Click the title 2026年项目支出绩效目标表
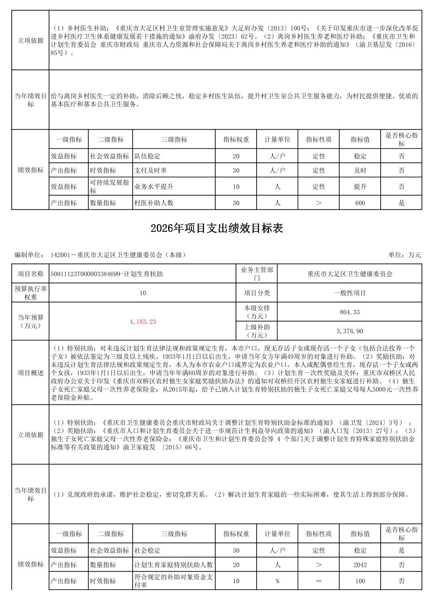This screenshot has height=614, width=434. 217,229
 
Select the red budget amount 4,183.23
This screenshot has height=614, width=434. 143,322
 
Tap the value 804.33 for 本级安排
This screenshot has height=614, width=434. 350,312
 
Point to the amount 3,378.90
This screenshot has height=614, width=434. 350,331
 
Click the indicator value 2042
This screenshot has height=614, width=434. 360,565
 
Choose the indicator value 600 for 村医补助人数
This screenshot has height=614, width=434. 360,203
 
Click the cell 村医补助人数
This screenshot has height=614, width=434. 154,203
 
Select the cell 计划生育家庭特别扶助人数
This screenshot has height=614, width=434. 174,565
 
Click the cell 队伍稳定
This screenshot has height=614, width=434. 147,156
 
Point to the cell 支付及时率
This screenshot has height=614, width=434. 151,170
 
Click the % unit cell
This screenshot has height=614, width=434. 277,581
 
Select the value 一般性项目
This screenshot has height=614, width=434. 350,293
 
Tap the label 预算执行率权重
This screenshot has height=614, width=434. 30,293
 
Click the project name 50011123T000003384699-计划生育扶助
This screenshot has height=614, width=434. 107,274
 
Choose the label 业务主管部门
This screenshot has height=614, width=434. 257,273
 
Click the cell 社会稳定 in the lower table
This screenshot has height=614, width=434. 147,550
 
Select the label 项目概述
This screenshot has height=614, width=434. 30,373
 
